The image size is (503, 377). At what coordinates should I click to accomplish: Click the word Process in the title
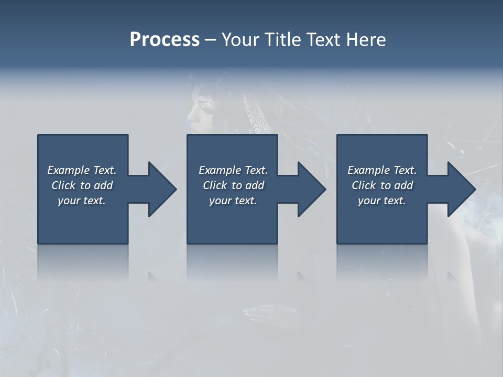coord(165,40)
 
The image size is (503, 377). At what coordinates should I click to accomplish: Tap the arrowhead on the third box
coord(461,189)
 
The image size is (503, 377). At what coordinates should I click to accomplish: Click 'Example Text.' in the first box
coord(82,170)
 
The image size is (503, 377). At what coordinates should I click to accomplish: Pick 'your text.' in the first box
coord(82,201)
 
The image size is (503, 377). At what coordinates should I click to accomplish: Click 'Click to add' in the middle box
coord(233,185)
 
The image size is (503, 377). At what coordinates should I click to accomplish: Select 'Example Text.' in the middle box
coord(233,170)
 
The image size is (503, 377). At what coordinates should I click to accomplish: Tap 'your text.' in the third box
coord(382,201)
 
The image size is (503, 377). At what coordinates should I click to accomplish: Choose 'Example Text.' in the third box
coord(382,170)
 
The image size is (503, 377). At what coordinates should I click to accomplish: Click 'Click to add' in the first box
coord(82,185)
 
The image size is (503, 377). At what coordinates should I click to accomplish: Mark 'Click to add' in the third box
coord(382,185)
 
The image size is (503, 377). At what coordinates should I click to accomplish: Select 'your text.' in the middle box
coord(233,201)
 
